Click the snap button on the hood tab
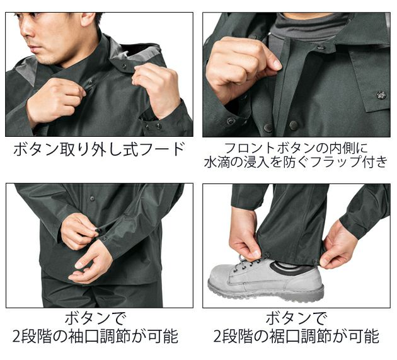point(123,66)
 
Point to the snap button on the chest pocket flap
point(381,95)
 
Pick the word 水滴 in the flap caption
point(217,163)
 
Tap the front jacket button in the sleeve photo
point(92,199)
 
